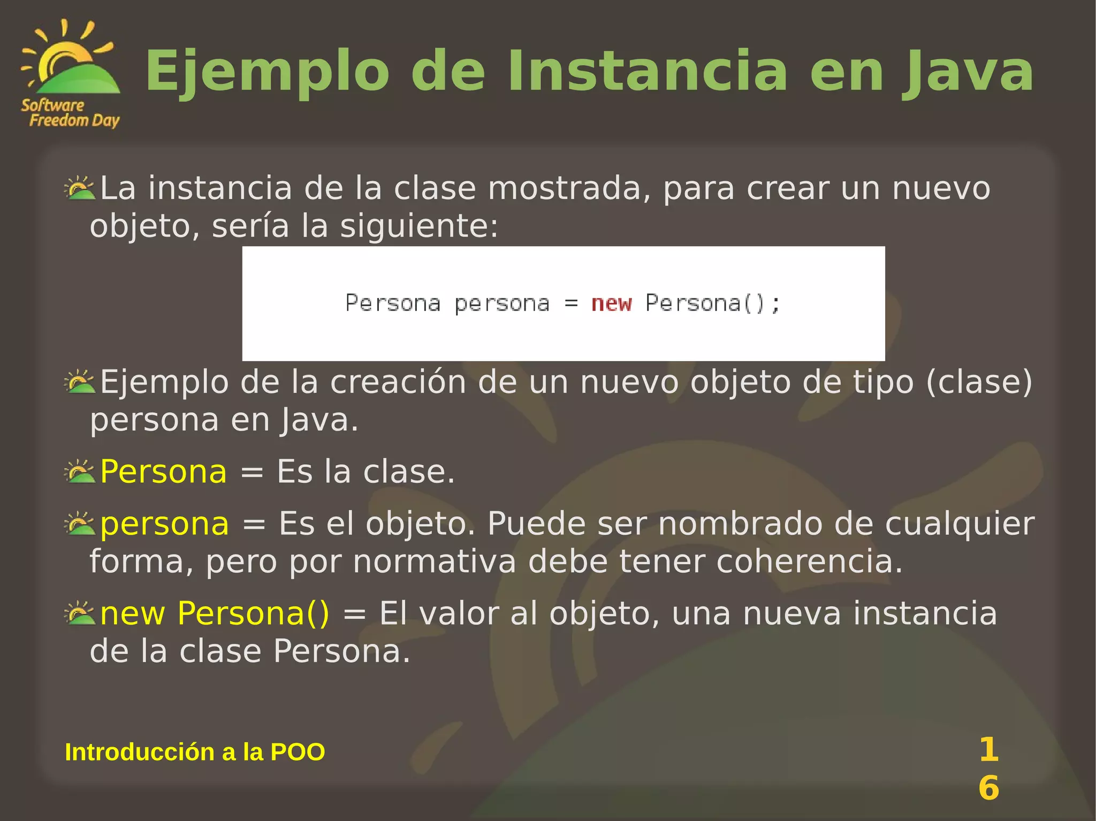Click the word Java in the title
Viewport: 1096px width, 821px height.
969,72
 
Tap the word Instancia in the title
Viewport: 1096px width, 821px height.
648,72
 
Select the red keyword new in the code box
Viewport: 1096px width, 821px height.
611,303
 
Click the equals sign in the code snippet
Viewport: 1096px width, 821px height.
571,303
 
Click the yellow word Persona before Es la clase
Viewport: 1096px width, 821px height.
163,472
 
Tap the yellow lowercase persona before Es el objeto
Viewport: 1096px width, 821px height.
164,524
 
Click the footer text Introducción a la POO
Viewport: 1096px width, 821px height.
195,752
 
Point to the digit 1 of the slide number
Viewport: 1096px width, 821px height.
988,749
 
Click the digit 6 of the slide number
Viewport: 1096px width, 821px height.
988,788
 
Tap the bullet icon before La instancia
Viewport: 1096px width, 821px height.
79,188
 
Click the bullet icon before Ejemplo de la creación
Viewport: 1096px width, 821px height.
79,382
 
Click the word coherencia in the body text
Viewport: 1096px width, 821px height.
809,562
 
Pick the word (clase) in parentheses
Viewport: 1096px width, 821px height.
979,382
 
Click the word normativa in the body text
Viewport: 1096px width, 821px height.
435,562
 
